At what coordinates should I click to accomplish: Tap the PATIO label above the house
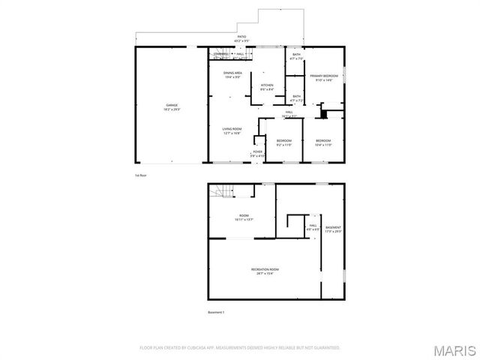pyautogui.click(x=241, y=36)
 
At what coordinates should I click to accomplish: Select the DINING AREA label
pyautogui.click(x=232, y=73)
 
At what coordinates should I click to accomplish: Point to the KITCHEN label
pyautogui.click(x=267, y=85)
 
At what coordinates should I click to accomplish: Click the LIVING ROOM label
pyautogui.click(x=232, y=129)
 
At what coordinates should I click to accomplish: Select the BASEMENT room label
pyautogui.click(x=333, y=227)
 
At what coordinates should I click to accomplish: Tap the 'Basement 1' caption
pyautogui.click(x=216, y=312)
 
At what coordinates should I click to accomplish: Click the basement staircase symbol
pyautogui.click(x=218, y=191)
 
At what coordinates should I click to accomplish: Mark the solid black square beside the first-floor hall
pyautogui.click(x=323, y=114)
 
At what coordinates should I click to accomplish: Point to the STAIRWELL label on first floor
pyautogui.click(x=220, y=54)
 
